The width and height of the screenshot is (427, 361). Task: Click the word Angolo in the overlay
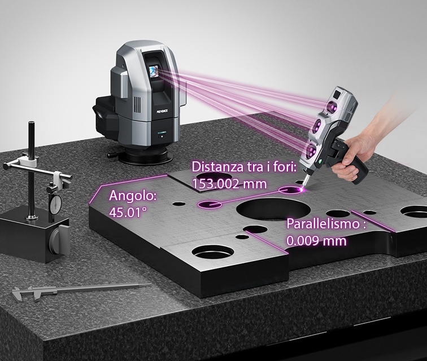click(133, 196)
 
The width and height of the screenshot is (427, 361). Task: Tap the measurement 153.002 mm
click(229, 184)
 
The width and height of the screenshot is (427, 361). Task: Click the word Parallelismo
click(324, 224)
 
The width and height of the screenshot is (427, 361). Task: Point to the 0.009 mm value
click(316, 241)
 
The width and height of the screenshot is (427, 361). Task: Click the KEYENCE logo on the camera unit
click(162, 111)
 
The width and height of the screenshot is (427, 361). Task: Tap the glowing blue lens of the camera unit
click(154, 71)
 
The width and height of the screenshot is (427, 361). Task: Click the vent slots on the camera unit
click(137, 105)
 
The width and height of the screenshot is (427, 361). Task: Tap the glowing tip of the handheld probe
click(302, 188)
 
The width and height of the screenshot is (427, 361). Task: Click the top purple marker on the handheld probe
click(332, 107)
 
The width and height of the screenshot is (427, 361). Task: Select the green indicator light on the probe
click(320, 162)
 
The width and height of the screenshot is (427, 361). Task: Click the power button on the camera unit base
click(162, 136)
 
